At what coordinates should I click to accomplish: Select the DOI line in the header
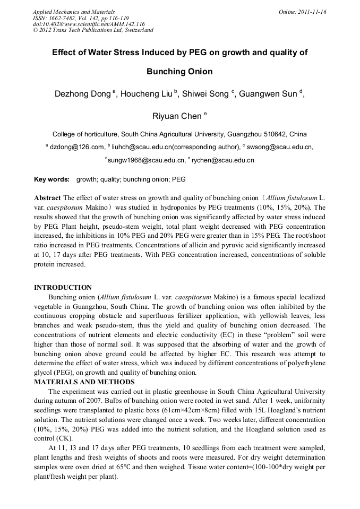(x=89, y=24)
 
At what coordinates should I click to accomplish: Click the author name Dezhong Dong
(x=83, y=94)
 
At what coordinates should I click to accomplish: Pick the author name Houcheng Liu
(x=147, y=94)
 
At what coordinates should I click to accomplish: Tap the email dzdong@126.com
(x=76, y=147)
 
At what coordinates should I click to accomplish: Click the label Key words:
(x=52, y=179)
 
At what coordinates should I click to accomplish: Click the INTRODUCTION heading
(x=63, y=288)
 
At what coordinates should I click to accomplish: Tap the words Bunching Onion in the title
(x=179, y=72)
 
